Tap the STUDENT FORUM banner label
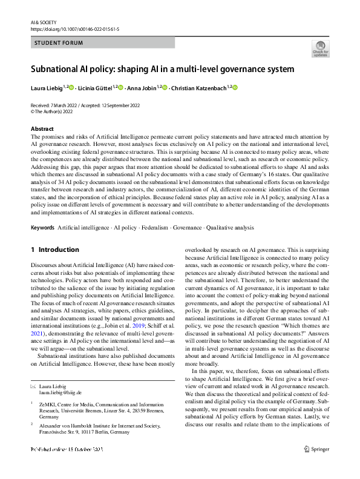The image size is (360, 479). (x=59, y=43)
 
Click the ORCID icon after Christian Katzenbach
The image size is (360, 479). (x=235, y=88)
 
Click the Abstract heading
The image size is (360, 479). (x=42, y=129)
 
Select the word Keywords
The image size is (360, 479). (x=42, y=228)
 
